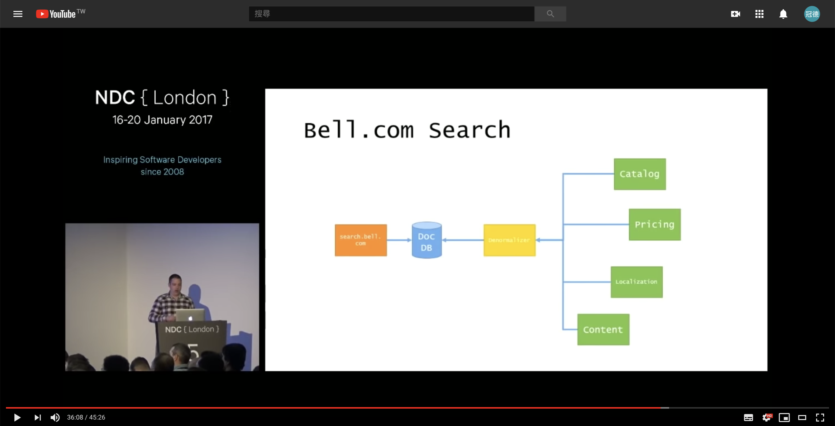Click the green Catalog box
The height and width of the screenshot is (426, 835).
coord(640,174)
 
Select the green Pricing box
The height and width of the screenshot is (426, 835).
coord(654,225)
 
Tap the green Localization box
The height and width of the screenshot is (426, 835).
coord(636,282)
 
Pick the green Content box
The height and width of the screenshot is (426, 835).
coord(603,329)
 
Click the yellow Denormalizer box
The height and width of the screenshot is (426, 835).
coord(509,240)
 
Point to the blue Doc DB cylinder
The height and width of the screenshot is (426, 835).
coord(427,241)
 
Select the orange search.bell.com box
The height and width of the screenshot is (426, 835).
coord(361,240)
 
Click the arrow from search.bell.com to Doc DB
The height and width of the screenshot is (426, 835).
coord(399,240)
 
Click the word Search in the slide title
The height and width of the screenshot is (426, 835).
coord(469,130)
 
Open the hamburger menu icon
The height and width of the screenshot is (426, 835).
coord(18,14)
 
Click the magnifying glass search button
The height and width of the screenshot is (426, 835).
coord(550,14)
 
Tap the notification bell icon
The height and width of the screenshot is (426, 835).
coord(783,14)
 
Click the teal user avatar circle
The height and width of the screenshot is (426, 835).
coord(812,14)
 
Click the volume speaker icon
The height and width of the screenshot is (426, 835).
coord(55,417)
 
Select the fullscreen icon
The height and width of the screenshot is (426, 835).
coord(820,417)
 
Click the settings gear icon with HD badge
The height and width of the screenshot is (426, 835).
coord(767,417)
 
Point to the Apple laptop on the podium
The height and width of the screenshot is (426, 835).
coord(190,315)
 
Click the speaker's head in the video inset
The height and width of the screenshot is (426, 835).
coord(175,282)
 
